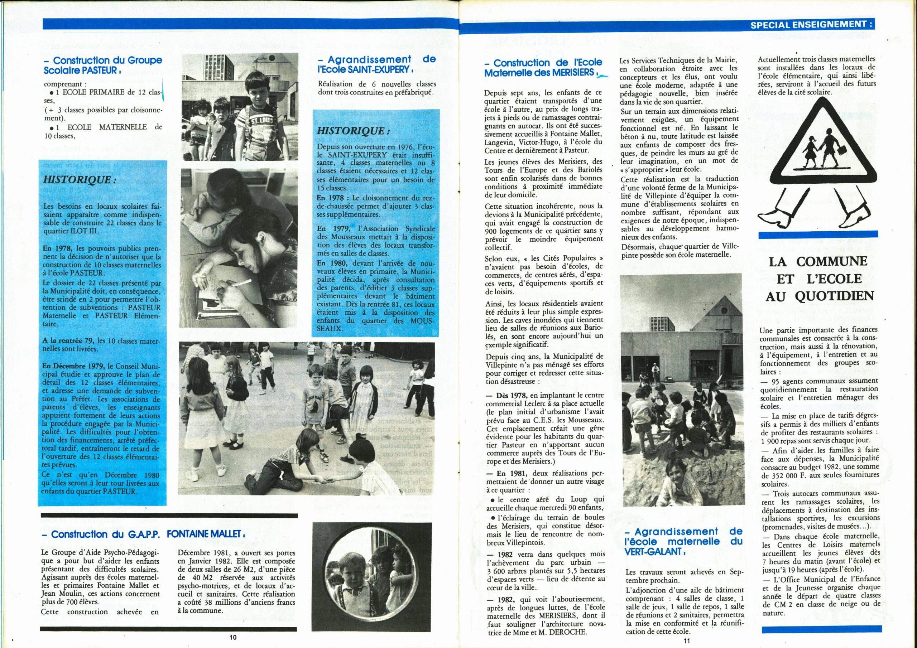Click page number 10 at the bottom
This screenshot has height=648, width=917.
point(233,637)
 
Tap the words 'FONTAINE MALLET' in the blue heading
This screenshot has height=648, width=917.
point(204,534)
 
